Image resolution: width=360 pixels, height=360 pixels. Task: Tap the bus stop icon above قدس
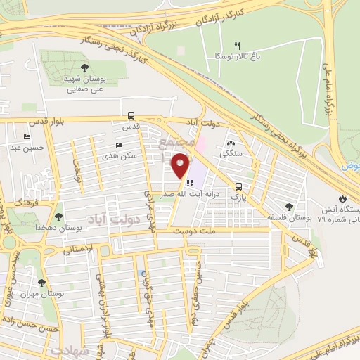(x=131, y=116)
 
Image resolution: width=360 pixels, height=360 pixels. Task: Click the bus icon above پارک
(x=240, y=187)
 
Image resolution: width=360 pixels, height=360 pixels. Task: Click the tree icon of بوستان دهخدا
(x=58, y=217)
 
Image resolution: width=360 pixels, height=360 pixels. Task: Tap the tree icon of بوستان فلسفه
(x=289, y=207)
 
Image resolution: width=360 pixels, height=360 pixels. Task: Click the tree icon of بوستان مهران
(x=41, y=283)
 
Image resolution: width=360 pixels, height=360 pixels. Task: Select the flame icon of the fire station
(x=342, y=199)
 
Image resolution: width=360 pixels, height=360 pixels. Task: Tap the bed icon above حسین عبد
(x=27, y=137)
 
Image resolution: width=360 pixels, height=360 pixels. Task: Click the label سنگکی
(x=231, y=153)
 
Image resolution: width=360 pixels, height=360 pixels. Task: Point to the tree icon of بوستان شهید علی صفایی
(x=84, y=68)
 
